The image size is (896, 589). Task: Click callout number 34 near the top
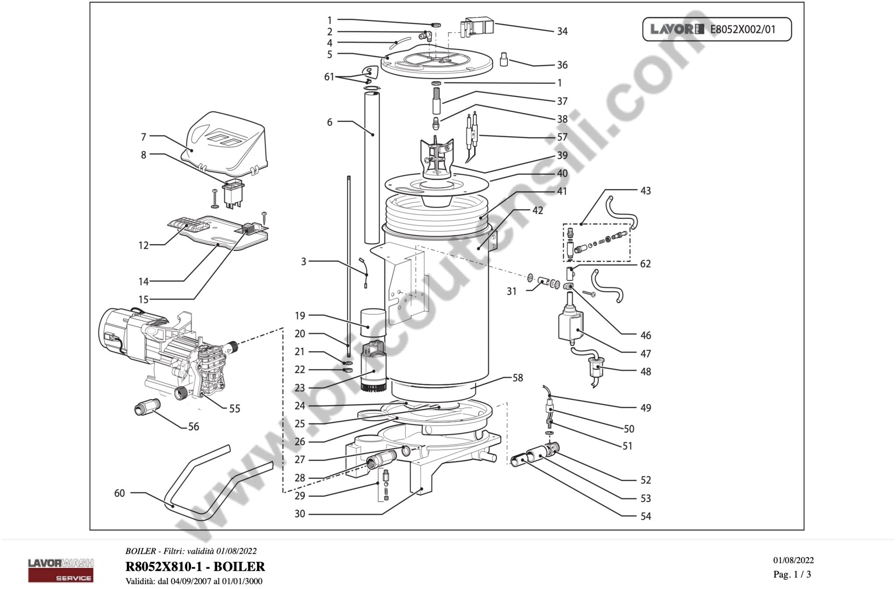pyautogui.click(x=562, y=32)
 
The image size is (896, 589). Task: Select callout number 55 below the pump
pyautogui.click(x=235, y=409)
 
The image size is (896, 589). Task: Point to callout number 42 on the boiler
pyautogui.click(x=538, y=210)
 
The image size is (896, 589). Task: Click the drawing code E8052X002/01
pyautogui.click(x=743, y=29)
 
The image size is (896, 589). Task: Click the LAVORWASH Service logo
pyautogui.click(x=61, y=570)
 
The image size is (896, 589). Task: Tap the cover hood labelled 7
pyautogui.click(x=226, y=143)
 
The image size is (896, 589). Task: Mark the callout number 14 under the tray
pyautogui.click(x=143, y=282)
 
